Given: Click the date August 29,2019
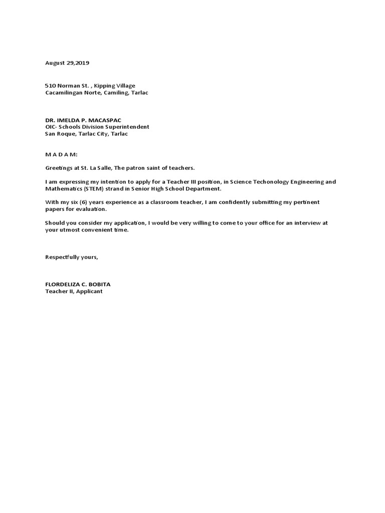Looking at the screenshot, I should pyautogui.click(x=67, y=63).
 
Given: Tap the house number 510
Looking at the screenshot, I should pyautogui.click(x=51, y=86).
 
